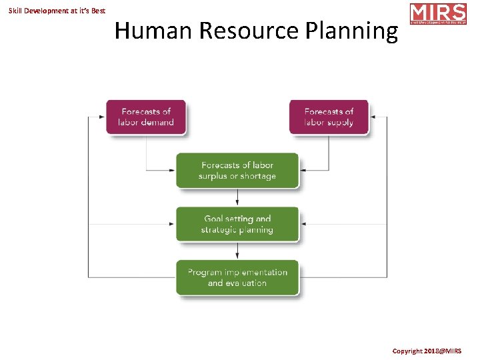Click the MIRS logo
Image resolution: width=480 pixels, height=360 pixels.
pos(438,14)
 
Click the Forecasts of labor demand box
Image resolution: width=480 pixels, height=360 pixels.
pos(146,117)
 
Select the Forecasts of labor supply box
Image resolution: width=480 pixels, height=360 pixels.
pos(329,117)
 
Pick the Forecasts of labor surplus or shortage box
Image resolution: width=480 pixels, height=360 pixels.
pos(237,171)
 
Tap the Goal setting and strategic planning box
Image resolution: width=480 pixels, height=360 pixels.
pos(237,224)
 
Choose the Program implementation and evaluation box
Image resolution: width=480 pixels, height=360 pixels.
pos(237,277)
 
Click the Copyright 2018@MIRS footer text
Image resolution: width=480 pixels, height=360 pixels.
pos(435,351)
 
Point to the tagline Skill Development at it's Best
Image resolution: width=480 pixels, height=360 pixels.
pos(57,11)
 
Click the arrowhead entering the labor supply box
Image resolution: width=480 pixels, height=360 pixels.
pos(373,117)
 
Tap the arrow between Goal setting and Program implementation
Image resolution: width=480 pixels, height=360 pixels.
pos(237,251)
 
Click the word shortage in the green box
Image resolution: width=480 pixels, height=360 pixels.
pos(258,176)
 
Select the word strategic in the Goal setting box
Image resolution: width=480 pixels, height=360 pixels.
pos(219,230)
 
